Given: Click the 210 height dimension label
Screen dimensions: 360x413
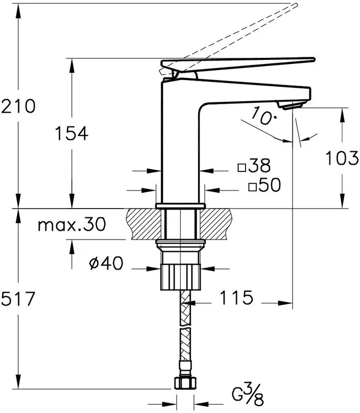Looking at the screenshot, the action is (x=18, y=106).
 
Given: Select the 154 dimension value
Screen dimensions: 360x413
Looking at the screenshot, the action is (x=71, y=133).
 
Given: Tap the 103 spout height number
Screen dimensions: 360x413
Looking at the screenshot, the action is (x=342, y=158).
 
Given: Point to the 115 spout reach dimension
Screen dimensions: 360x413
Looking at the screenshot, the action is (x=236, y=297).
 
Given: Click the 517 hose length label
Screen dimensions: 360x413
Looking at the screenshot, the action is (x=18, y=299).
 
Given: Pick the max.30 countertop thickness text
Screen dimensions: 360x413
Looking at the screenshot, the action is (x=72, y=225).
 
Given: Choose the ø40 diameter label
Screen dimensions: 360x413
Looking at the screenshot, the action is (x=106, y=263).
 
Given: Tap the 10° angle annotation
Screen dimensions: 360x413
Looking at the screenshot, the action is (x=264, y=116).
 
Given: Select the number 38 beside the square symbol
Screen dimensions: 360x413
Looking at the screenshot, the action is (x=259, y=165).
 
